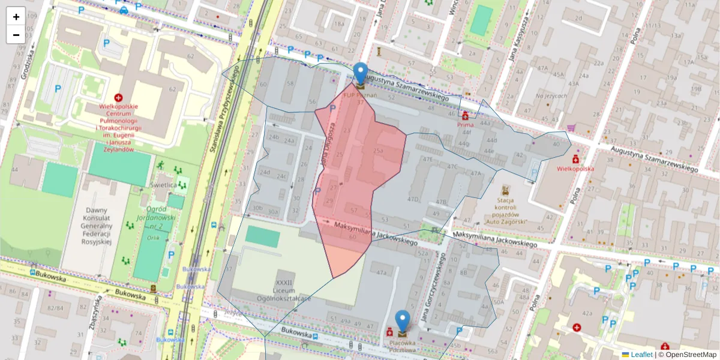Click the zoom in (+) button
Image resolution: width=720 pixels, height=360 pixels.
tap(16, 17)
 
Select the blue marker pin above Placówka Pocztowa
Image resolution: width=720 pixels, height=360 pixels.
tap(403, 322)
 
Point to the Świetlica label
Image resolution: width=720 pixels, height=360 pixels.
tap(164, 185)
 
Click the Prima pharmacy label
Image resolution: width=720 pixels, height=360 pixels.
tap(466, 124)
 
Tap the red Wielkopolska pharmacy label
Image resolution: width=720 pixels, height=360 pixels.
tap(575, 169)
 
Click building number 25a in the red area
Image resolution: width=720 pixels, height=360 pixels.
tap(377, 151)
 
